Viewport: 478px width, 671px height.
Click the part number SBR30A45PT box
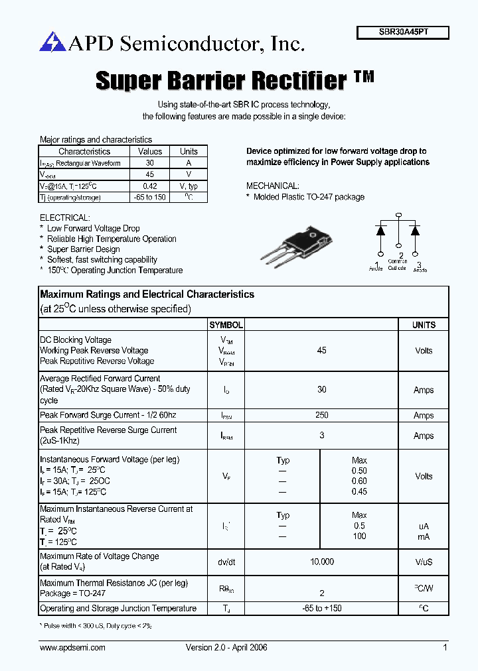tap(403, 32)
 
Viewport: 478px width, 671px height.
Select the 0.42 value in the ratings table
tap(150, 186)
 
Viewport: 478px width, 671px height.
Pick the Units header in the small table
tap(189, 151)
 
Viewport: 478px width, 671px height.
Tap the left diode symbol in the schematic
tap(381, 231)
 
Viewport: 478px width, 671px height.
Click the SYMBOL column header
tap(226, 325)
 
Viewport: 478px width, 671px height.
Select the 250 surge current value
tap(322, 415)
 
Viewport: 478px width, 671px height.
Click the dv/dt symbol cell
tap(226, 562)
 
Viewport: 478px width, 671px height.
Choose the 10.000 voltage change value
tap(322, 562)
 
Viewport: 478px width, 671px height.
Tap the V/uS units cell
tap(424, 562)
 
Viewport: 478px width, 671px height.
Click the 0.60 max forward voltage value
tap(359, 481)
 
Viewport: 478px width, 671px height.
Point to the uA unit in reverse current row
tap(424, 526)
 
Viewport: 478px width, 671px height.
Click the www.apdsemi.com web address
tap(72, 648)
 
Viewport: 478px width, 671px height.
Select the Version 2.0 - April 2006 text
tap(226, 648)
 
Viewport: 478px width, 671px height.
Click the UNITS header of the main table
tap(424, 325)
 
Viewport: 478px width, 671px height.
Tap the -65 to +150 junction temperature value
tap(322, 609)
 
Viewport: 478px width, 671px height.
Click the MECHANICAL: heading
tap(273, 186)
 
